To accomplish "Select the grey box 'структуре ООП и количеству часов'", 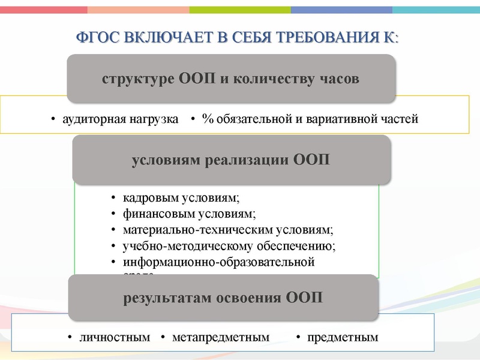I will (230, 79).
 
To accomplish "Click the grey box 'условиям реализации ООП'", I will (230, 160).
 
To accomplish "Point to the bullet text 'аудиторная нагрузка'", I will (121, 119).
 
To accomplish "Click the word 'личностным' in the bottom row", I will (115, 337).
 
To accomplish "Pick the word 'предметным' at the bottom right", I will (343, 337).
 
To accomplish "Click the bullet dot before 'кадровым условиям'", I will (115, 199).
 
